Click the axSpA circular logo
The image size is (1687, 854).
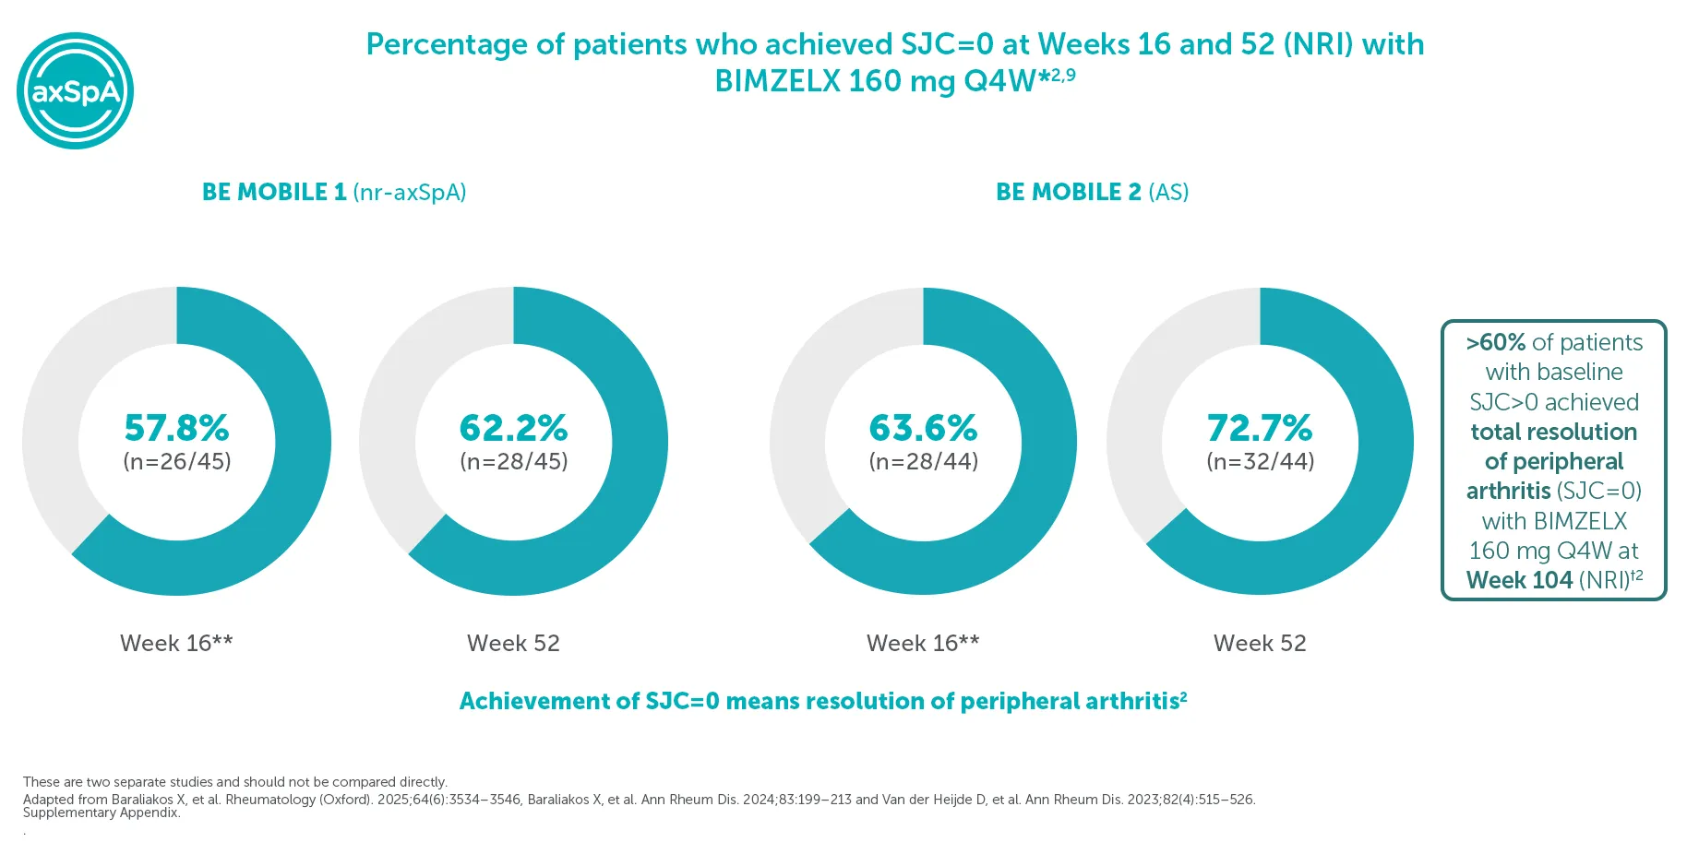[x=76, y=90]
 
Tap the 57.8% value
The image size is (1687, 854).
[x=176, y=428]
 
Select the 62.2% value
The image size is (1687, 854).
[x=513, y=428]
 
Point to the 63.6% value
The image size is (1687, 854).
[x=923, y=428]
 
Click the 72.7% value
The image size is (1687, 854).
[x=1260, y=428]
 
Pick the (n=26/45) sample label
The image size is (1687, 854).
[x=176, y=461]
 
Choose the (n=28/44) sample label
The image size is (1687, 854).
[x=923, y=461]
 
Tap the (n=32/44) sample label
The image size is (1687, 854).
[x=1260, y=461]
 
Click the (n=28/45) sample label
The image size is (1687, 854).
[x=513, y=461]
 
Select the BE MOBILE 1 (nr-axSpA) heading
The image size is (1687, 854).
[x=334, y=192]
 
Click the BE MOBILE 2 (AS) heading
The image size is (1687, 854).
[x=1092, y=192]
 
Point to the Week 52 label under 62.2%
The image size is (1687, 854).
[x=513, y=643]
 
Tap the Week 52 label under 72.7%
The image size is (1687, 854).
[x=1260, y=643]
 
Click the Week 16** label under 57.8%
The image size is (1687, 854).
[x=176, y=643]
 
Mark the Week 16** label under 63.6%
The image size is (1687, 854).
[x=923, y=643]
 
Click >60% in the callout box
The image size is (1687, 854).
[x=1495, y=342]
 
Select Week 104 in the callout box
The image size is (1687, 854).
[x=1519, y=580]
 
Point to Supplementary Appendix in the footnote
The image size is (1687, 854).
[x=102, y=812]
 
